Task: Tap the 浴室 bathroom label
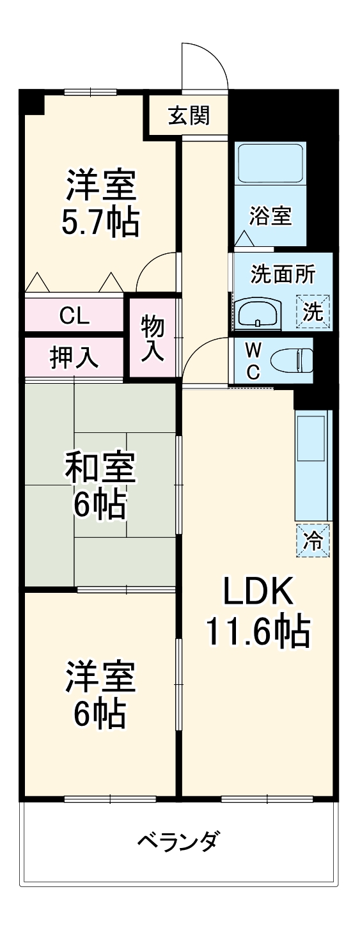coord(270,217)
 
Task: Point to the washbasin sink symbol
coord(257,314)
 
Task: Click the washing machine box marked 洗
coord(313,311)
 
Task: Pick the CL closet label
coord(74,315)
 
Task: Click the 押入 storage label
coord(74,358)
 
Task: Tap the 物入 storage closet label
coord(153,337)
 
